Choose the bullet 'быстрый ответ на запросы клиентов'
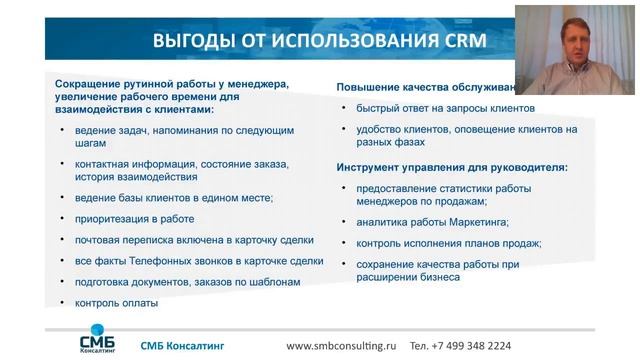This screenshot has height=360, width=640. (437, 108)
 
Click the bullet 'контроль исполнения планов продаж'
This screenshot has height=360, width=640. (440, 243)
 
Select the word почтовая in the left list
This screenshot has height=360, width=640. (98, 240)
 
